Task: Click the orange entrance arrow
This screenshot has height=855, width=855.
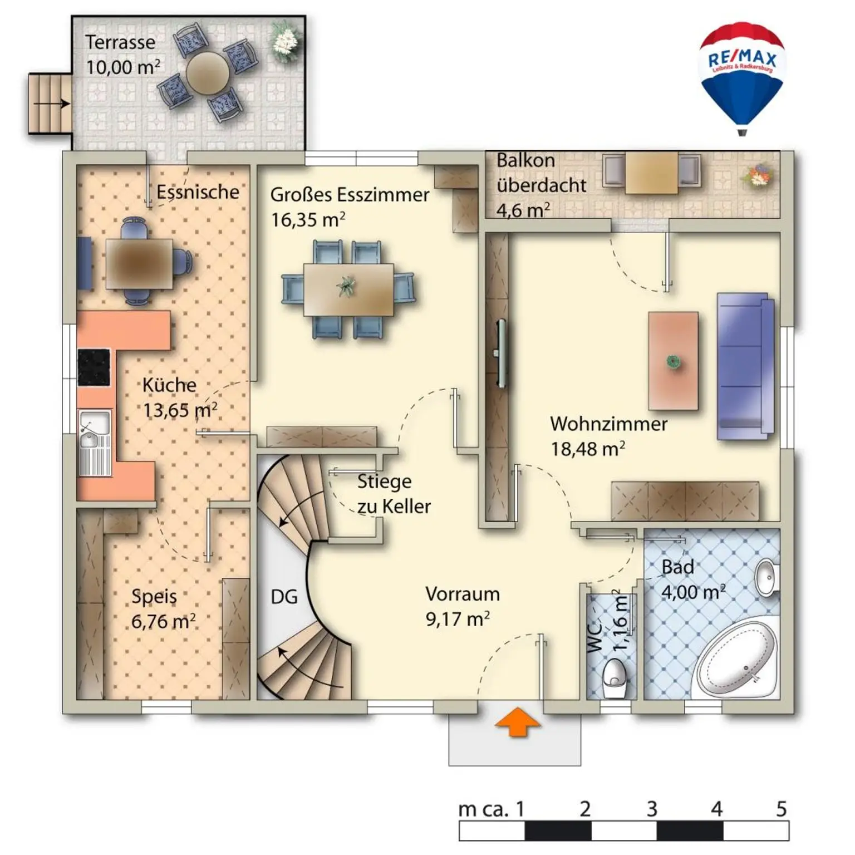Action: [x=517, y=721]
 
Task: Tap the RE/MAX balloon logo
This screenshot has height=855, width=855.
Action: [x=741, y=78]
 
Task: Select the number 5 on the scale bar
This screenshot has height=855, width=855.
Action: [x=781, y=808]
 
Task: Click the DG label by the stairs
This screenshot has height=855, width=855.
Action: [x=284, y=597]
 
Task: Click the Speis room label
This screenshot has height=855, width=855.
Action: [x=154, y=597]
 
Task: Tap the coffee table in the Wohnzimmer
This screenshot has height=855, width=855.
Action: [x=673, y=361]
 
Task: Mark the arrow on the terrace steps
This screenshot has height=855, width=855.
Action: [x=51, y=104]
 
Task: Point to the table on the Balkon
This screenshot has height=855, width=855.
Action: [x=651, y=173]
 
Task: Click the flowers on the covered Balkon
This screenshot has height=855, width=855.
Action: [x=757, y=174]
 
